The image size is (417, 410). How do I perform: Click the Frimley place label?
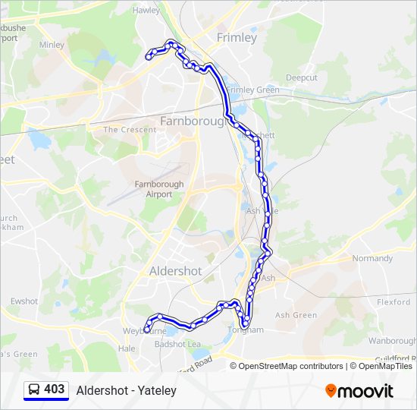tap(237, 37)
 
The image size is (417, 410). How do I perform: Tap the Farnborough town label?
tap(193, 121)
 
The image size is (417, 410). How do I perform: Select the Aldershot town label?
tap(176, 271)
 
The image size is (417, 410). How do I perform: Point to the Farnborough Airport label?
tap(159, 189)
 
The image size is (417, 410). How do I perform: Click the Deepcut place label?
tap(302, 78)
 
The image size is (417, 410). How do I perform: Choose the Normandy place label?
tap(372, 258)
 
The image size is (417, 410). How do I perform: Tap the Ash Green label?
tap(296, 315)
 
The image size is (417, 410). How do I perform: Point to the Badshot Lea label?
tap(177, 344)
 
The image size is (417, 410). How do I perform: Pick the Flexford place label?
tap(393, 302)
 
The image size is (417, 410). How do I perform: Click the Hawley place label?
tap(146, 11)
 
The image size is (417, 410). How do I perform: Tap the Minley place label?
tap(52, 45)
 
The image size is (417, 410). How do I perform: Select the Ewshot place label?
tap(24, 301)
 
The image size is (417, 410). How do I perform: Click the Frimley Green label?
tap(252, 90)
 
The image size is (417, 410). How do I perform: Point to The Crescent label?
tap(130, 130)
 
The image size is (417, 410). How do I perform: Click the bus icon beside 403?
tap(33, 390)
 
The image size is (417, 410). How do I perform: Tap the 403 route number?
tap(55, 389)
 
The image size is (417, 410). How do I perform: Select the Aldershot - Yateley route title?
tap(127, 390)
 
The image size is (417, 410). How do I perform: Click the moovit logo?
tap(359, 391)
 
